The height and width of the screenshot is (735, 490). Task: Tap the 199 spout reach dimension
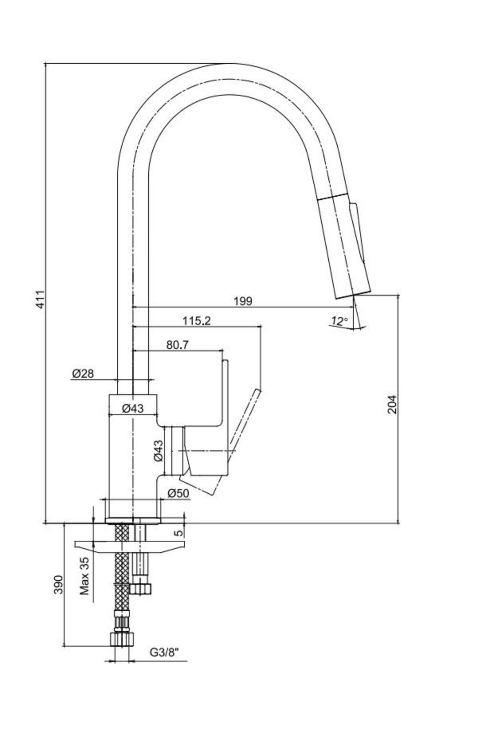(243, 301)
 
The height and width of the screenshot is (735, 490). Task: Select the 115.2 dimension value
(196, 321)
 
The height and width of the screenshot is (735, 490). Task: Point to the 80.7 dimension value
(177, 345)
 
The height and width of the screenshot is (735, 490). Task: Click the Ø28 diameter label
(83, 373)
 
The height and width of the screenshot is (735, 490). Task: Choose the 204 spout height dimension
(392, 404)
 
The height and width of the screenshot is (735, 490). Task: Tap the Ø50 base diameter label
(178, 493)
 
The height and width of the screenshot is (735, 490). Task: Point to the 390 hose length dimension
(59, 584)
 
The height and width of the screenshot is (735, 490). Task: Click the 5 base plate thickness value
(178, 533)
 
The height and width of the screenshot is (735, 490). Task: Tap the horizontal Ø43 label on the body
(133, 408)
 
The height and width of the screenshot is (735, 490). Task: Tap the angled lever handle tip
(257, 393)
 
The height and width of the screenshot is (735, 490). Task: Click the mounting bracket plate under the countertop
(130, 547)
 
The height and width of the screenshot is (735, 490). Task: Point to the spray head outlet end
(353, 295)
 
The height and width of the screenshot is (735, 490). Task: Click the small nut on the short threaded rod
(140, 588)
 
